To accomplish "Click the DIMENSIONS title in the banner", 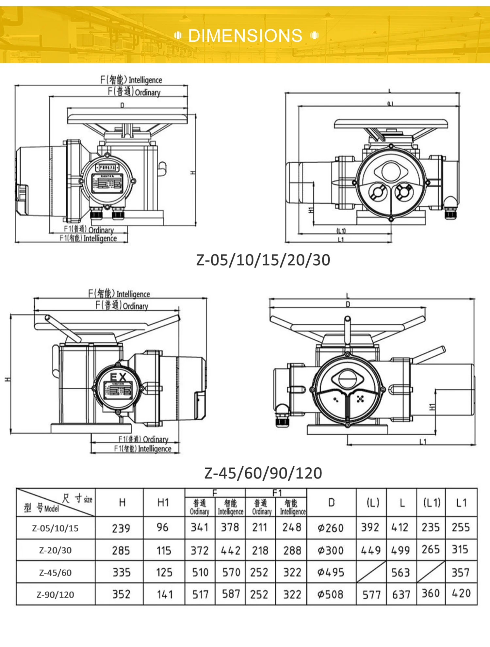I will coord(245,36).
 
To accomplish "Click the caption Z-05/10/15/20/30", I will coord(263,260).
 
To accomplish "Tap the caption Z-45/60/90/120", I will coord(263,473).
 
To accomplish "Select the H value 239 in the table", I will coord(121,528).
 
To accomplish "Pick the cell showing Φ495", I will coord(331,572).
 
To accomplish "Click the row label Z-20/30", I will coord(55,550).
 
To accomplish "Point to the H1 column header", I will coord(163,503).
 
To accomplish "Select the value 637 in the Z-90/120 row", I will coord(401,594).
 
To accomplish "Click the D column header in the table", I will coord(331,503).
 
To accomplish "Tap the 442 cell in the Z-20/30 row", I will coord(230,551).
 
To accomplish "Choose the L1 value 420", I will coord(461,593).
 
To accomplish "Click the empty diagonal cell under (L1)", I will coord(431,572).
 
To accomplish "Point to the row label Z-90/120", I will coord(55,594).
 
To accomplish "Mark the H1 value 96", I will coord(162,527).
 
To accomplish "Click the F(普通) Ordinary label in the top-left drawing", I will coord(134,92).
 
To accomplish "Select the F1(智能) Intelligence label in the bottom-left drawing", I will coord(143,449).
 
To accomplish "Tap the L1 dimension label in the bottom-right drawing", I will coord(423,442).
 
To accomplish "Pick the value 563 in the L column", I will coord(400,573).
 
